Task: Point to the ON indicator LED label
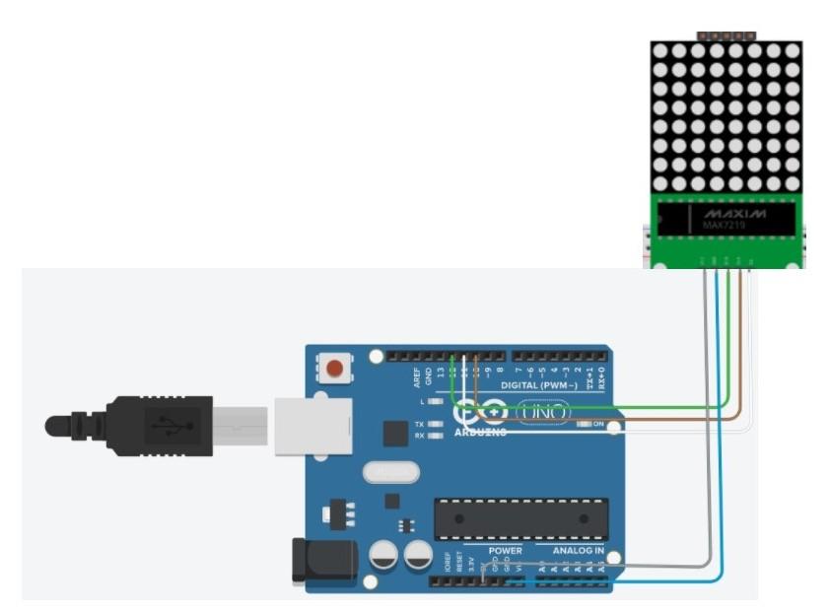tap(597, 424)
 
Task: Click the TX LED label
tap(419, 423)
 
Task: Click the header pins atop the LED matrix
tap(726, 35)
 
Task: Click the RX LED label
tap(419, 435)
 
